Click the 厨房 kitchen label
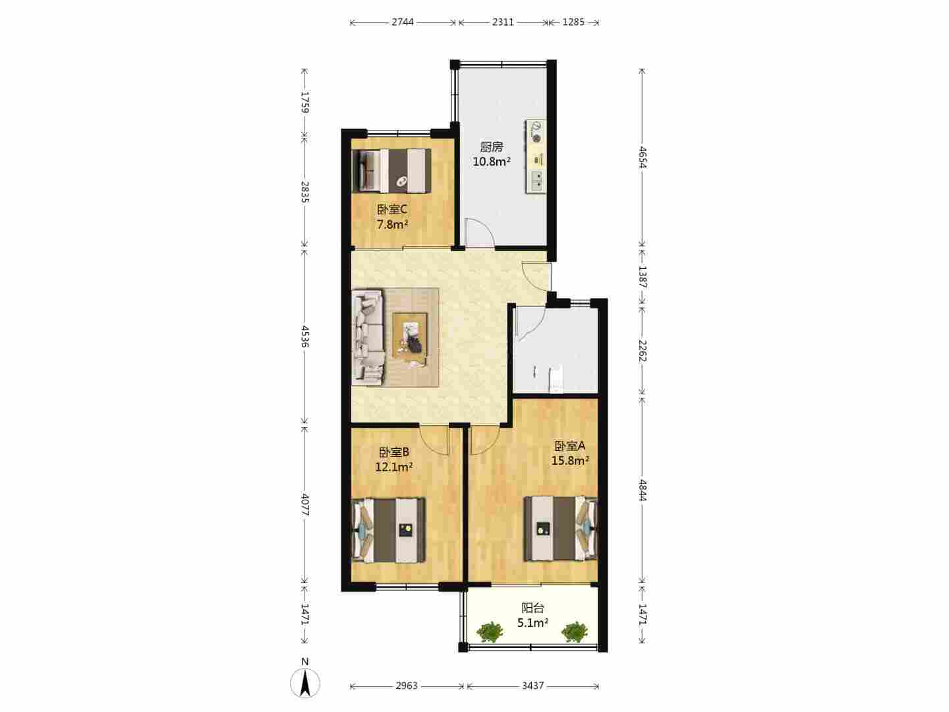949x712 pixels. click(491, 147)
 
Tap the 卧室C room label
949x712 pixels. click(392, 210)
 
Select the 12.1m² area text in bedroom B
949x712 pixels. click(393, 467)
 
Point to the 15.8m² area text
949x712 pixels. click(570, 461)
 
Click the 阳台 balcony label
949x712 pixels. click(532, 608)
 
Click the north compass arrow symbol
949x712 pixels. click(305, 683)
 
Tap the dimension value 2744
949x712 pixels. click(403, 22)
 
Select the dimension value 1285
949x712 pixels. click(573, 22)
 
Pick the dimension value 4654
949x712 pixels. click(643, 157)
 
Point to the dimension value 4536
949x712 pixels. click(305, 336)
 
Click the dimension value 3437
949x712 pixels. click(532, 686)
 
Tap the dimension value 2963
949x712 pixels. click(407, 686)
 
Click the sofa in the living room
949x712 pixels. click(368, 337)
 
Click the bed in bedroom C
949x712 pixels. click(391, 170)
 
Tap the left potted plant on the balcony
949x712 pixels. click(490, 632)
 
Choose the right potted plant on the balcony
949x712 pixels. click(575, 632)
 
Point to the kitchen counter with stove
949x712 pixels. click(535, 156)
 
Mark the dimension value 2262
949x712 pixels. click(643, 351)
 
